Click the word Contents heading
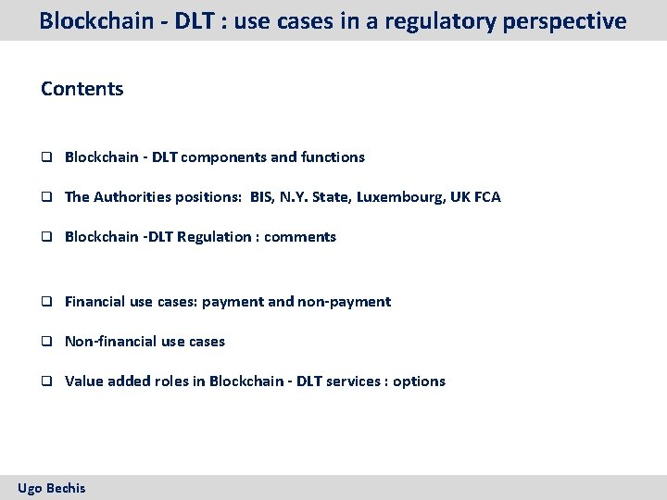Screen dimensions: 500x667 [82, 89]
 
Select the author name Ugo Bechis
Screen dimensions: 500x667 [52, 487]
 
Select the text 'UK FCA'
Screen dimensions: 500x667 [475, 197]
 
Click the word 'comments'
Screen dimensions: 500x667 [300, 237]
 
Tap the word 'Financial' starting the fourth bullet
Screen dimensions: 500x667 [95, 302]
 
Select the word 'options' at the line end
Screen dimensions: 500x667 [419, 381]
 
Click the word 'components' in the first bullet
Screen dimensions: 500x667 [223, 157]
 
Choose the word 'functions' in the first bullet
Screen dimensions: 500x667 [333, 157]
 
